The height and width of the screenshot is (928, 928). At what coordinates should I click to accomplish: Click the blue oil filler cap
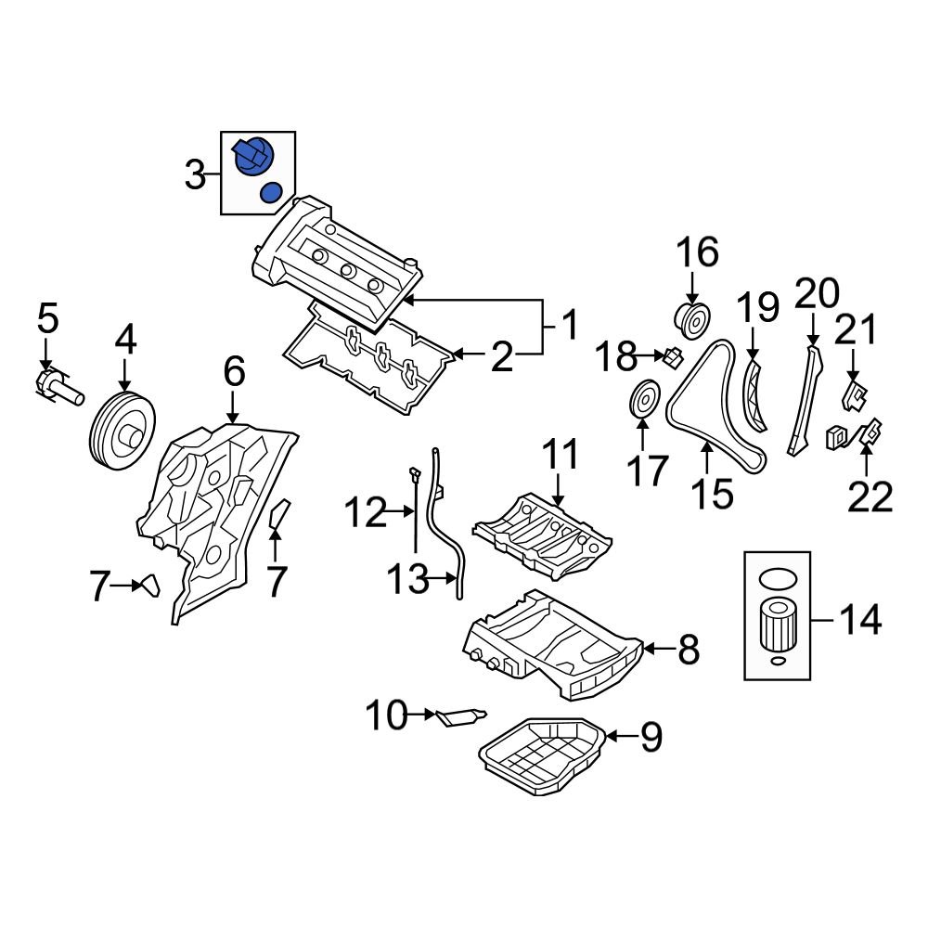tap(252, 156)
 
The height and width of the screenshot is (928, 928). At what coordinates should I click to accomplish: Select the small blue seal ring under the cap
tap(271, 193)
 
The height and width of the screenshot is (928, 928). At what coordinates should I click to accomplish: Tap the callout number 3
tap(195, 174)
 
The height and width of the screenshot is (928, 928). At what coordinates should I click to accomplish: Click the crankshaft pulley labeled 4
tap(122, 432)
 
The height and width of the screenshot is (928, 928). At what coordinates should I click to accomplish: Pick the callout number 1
tap(568, 325)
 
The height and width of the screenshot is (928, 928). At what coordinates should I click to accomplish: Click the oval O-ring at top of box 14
tap(777, 578)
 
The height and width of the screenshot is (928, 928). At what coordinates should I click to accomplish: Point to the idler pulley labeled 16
tap(690, 319)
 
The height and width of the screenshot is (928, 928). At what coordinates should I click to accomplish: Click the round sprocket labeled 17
tap(643, 401)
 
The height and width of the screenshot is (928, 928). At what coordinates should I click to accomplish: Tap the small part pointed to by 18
tap(675, 354)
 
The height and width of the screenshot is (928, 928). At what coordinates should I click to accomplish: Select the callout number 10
tap(384, 715)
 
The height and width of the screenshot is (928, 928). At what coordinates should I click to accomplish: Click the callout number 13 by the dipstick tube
tap(408, 582)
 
